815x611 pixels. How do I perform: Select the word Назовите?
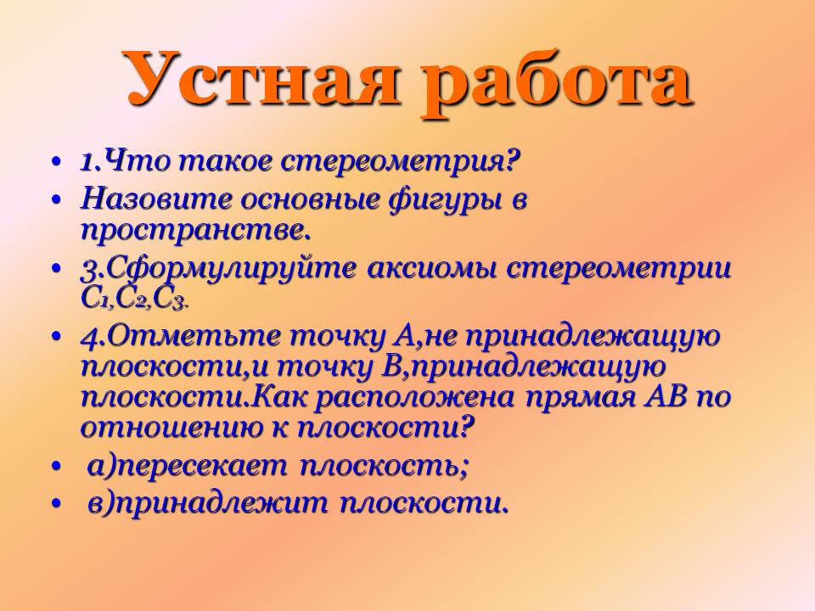tap(156, 200)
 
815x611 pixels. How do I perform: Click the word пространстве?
tap(192, 229)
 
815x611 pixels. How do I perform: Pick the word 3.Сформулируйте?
tap(218, 269)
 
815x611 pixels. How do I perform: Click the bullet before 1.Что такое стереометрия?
tap(56, 161)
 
